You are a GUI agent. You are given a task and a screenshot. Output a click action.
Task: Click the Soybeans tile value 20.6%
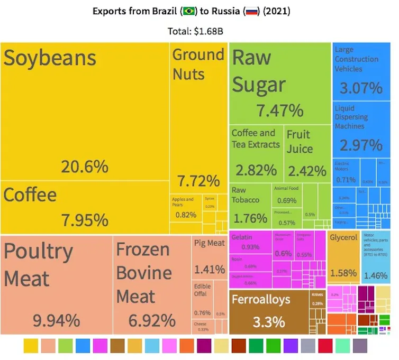pyautogui.click(x=85, y=167)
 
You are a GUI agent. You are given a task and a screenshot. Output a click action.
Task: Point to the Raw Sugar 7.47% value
pyautogui.click(x=280, y=110)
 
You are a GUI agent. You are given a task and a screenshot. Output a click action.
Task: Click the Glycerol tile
pyautogui.click(x=343, y=256)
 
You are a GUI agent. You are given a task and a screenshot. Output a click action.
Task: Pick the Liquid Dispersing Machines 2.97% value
pyautogui.click(x=361, y=144)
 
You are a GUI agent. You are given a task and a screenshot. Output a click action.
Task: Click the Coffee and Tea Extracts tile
pyautogui.click(x=256, y=153)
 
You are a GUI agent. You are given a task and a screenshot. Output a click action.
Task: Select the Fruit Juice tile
pyautogui.click(x=306, y=153)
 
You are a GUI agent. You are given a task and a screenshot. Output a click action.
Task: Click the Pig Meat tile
pyautogui.click(x=210, y=256)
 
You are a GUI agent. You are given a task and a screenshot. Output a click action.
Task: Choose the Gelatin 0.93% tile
pyautogui.click(x=250, y=243)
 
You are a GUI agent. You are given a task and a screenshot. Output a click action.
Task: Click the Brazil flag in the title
pyautogui.click(x=189, y=11)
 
